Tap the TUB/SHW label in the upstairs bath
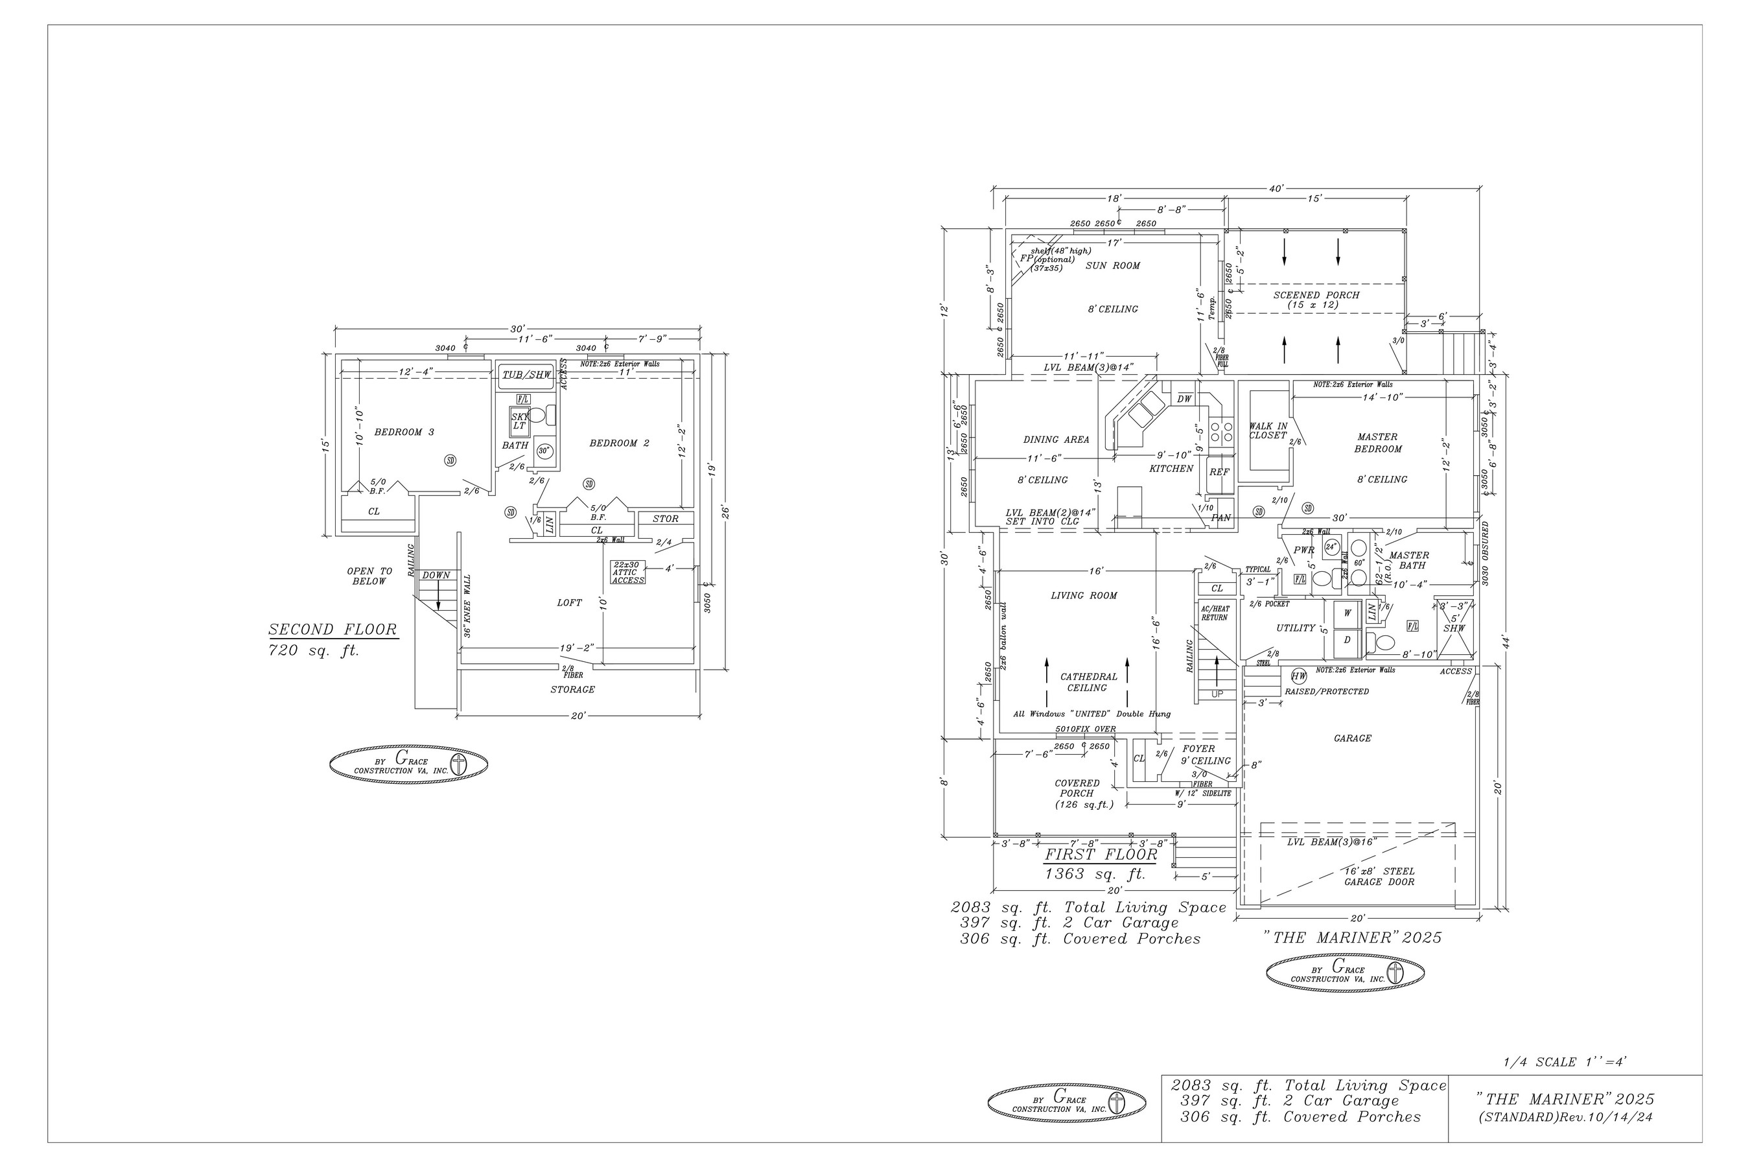[x=527, y=375]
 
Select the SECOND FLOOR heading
[x=332, y=630]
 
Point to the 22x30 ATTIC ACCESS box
[x=627, y=572]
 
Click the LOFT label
[x=569, y=603]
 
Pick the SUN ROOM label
[x=1112, y=266]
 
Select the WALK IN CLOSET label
[x=1268, y=431]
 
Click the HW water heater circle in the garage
[x=1298, y=676]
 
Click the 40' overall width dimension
[x=1276, y=189]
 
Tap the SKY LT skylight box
[x=519, y=421]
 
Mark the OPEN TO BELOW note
[x=369, y=577]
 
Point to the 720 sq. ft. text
[x=313, y=650]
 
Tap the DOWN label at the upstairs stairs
[x=436, y=575]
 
